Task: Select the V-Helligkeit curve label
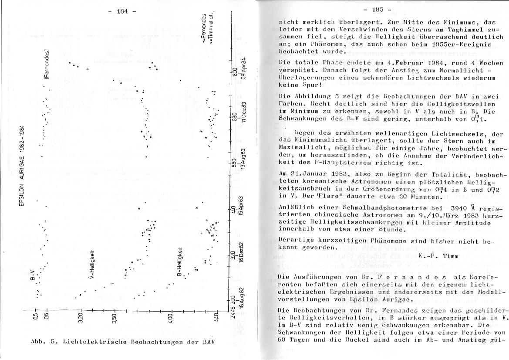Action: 91,265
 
